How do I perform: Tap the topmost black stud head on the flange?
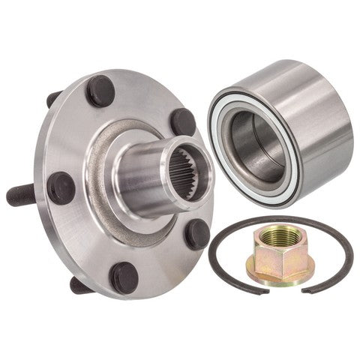coord(100,91)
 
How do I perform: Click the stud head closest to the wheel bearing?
coord(183,121)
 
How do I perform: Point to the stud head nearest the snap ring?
coord(197,233)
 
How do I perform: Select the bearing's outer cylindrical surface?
coord(315,120)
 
